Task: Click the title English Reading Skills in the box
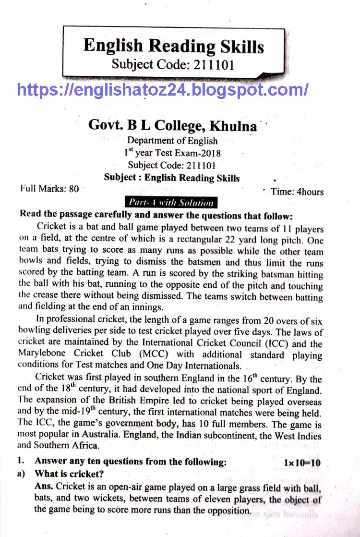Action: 173,46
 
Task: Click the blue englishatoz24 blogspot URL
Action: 163,89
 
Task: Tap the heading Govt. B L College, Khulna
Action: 172,125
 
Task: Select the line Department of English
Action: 172,141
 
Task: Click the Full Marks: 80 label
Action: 49,189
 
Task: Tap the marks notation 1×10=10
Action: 302,463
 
